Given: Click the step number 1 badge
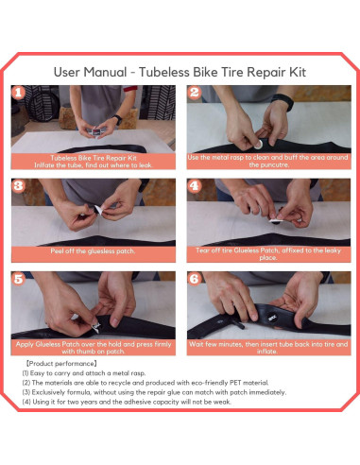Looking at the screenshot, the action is tap(18, 93).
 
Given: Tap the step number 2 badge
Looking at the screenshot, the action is tap(195, 93).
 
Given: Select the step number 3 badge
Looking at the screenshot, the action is tap(18, 186).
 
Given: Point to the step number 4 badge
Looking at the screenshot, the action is tap(195, 186).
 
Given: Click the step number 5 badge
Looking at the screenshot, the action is tap(18, 279).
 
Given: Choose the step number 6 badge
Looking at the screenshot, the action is tap(195, 279).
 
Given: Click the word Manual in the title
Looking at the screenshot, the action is tap(105, 72).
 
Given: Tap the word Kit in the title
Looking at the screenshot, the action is tap(298, 72).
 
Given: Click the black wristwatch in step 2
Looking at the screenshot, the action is tap(283, 101).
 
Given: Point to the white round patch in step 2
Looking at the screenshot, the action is tap(258, 145).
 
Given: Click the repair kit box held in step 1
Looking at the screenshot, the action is tap(94, 132).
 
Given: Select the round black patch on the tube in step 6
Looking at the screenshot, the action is tap(272, 317).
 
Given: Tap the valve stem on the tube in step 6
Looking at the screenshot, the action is tap(238, 323).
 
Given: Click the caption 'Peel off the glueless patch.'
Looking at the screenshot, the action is tap(93, 251).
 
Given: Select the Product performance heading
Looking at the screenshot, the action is tap(61, 364).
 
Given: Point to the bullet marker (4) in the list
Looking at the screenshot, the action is tap(26, 402).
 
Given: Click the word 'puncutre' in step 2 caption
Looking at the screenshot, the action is tap(268, 164).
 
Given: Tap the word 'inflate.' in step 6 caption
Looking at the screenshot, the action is tap(267, 351).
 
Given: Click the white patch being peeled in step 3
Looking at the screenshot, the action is tap(98, 210).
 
